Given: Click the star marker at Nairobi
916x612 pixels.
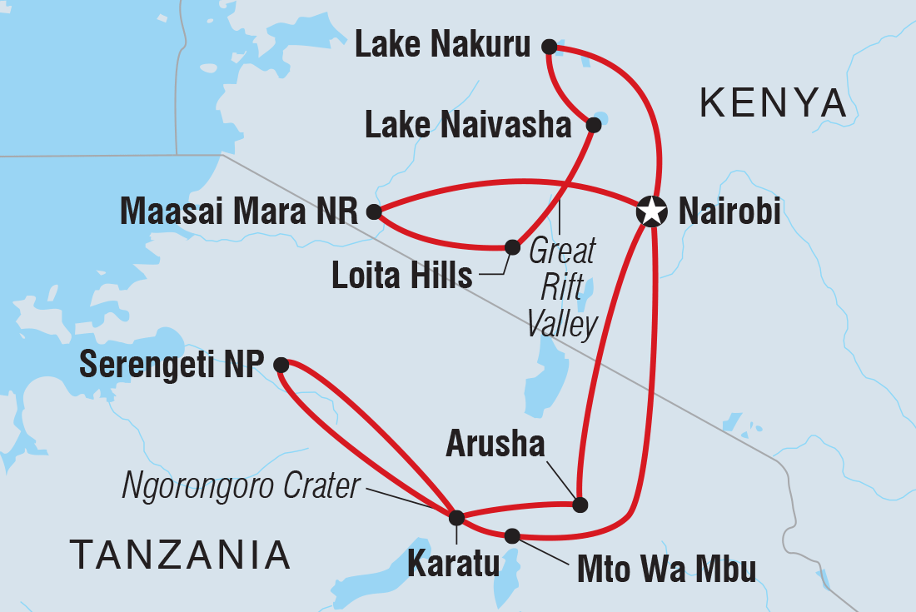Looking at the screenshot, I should click(651, 211).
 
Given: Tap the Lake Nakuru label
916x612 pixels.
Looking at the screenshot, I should click(442, 47).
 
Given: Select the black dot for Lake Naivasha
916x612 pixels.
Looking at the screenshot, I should click(594, 125).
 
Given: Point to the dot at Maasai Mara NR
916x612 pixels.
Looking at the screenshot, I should click(374, 212).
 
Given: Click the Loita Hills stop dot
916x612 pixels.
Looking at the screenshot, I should click(512, 246).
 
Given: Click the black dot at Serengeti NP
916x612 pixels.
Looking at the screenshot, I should click(281, 364).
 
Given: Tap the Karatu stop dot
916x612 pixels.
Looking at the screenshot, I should click(456, 518).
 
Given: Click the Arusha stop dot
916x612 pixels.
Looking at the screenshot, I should click(580, 504).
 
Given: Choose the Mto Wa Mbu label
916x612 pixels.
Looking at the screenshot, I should click(666, 570).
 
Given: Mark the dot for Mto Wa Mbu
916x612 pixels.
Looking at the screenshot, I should click(512, 535).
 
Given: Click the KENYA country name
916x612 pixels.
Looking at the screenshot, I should click(773, 104).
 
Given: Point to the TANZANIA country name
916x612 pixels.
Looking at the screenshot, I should click(180, 554).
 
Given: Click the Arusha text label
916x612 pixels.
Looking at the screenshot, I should click(495, 445).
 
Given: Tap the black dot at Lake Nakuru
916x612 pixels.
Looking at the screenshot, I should click(549, 47).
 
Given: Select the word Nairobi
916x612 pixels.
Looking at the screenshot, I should click(729, 212).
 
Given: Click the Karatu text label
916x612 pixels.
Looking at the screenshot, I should click(453, 565).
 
